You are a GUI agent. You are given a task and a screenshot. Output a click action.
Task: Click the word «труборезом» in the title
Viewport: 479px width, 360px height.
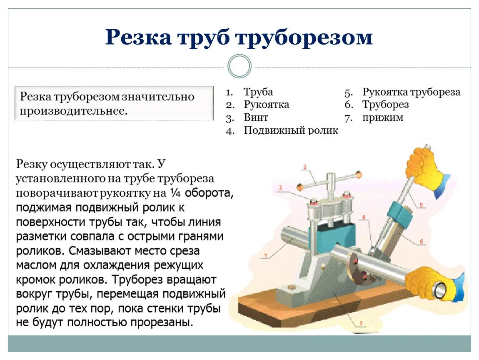tap(304, 37)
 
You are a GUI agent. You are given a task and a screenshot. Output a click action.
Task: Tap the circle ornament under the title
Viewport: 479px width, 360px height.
tap(239, 66)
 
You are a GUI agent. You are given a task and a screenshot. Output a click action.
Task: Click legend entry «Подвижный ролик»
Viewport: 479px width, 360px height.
tap(291, 130)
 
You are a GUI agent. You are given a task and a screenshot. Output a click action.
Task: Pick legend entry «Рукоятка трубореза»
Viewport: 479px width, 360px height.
tap(411, 92)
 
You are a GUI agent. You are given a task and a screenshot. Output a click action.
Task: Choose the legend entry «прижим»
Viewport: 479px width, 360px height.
tap(382, 117)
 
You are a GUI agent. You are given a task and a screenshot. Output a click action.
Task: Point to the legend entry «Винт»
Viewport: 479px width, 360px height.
tap(256, 117)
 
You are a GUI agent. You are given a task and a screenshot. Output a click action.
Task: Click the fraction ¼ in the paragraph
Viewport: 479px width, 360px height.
tap(174, 193)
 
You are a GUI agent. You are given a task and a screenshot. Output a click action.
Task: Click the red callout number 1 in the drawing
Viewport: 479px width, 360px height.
tap(266, 255)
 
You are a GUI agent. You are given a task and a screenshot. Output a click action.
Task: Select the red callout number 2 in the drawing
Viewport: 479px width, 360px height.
tap(304, 167)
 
